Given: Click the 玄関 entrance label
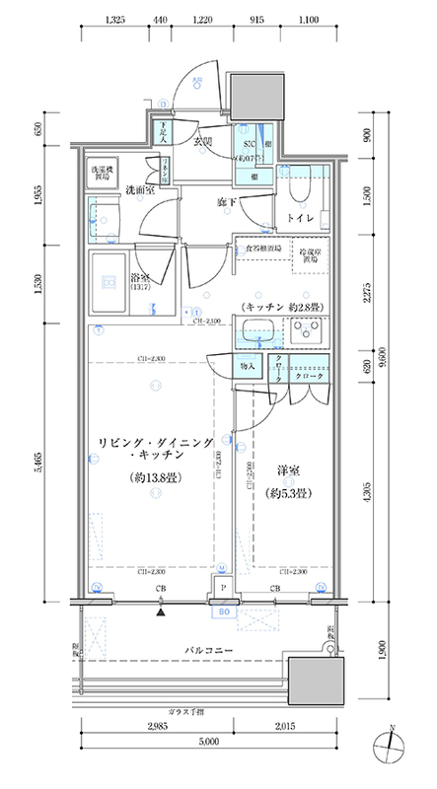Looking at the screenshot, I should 203,143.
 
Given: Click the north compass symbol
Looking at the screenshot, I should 392,746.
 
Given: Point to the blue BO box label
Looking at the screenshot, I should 223,611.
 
